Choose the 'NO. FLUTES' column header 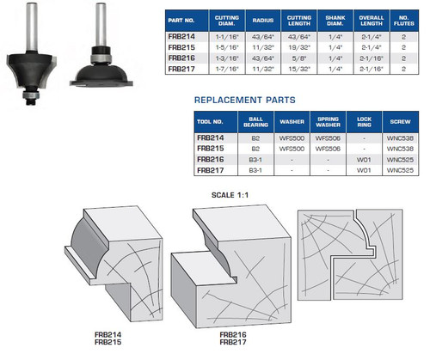point(403,20)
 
